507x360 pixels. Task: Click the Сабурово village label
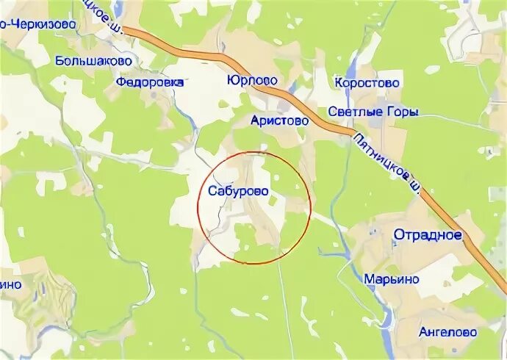click(234, 191)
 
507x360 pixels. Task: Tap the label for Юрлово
click(252, 79)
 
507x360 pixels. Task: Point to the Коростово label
click(367, 83)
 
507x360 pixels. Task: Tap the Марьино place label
click(392, 279)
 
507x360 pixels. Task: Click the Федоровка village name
click(149, 83)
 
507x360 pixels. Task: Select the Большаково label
click(93, 61)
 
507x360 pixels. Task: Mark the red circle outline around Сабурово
click(312, 208)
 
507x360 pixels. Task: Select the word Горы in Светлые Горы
click(403, 112)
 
